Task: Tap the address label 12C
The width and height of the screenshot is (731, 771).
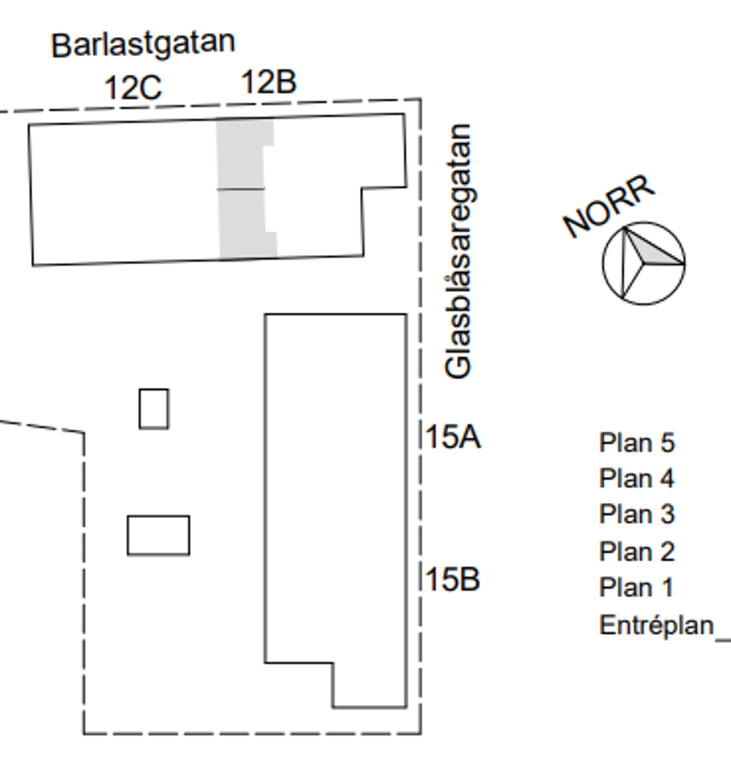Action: point(132,88)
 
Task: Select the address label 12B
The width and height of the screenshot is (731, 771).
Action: point(269,82)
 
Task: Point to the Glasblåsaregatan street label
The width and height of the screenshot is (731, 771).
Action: point(459,251)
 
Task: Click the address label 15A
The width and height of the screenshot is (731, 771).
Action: point(453,437)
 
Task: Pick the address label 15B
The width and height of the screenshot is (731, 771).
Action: point(452,579)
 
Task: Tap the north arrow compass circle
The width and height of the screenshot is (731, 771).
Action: point(643,263)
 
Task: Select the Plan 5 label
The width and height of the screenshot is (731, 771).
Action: point(636,443)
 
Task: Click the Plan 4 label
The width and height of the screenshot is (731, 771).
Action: point(636,478)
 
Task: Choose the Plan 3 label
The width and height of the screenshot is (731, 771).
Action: point(636,514)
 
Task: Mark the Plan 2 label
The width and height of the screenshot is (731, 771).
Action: point(636,551)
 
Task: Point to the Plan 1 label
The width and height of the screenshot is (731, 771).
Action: point(636,588)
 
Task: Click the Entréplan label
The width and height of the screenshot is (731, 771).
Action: point(656,625)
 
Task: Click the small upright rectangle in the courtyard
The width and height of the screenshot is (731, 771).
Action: point(154,408)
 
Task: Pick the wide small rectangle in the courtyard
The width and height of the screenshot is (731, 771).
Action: point(159,535)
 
